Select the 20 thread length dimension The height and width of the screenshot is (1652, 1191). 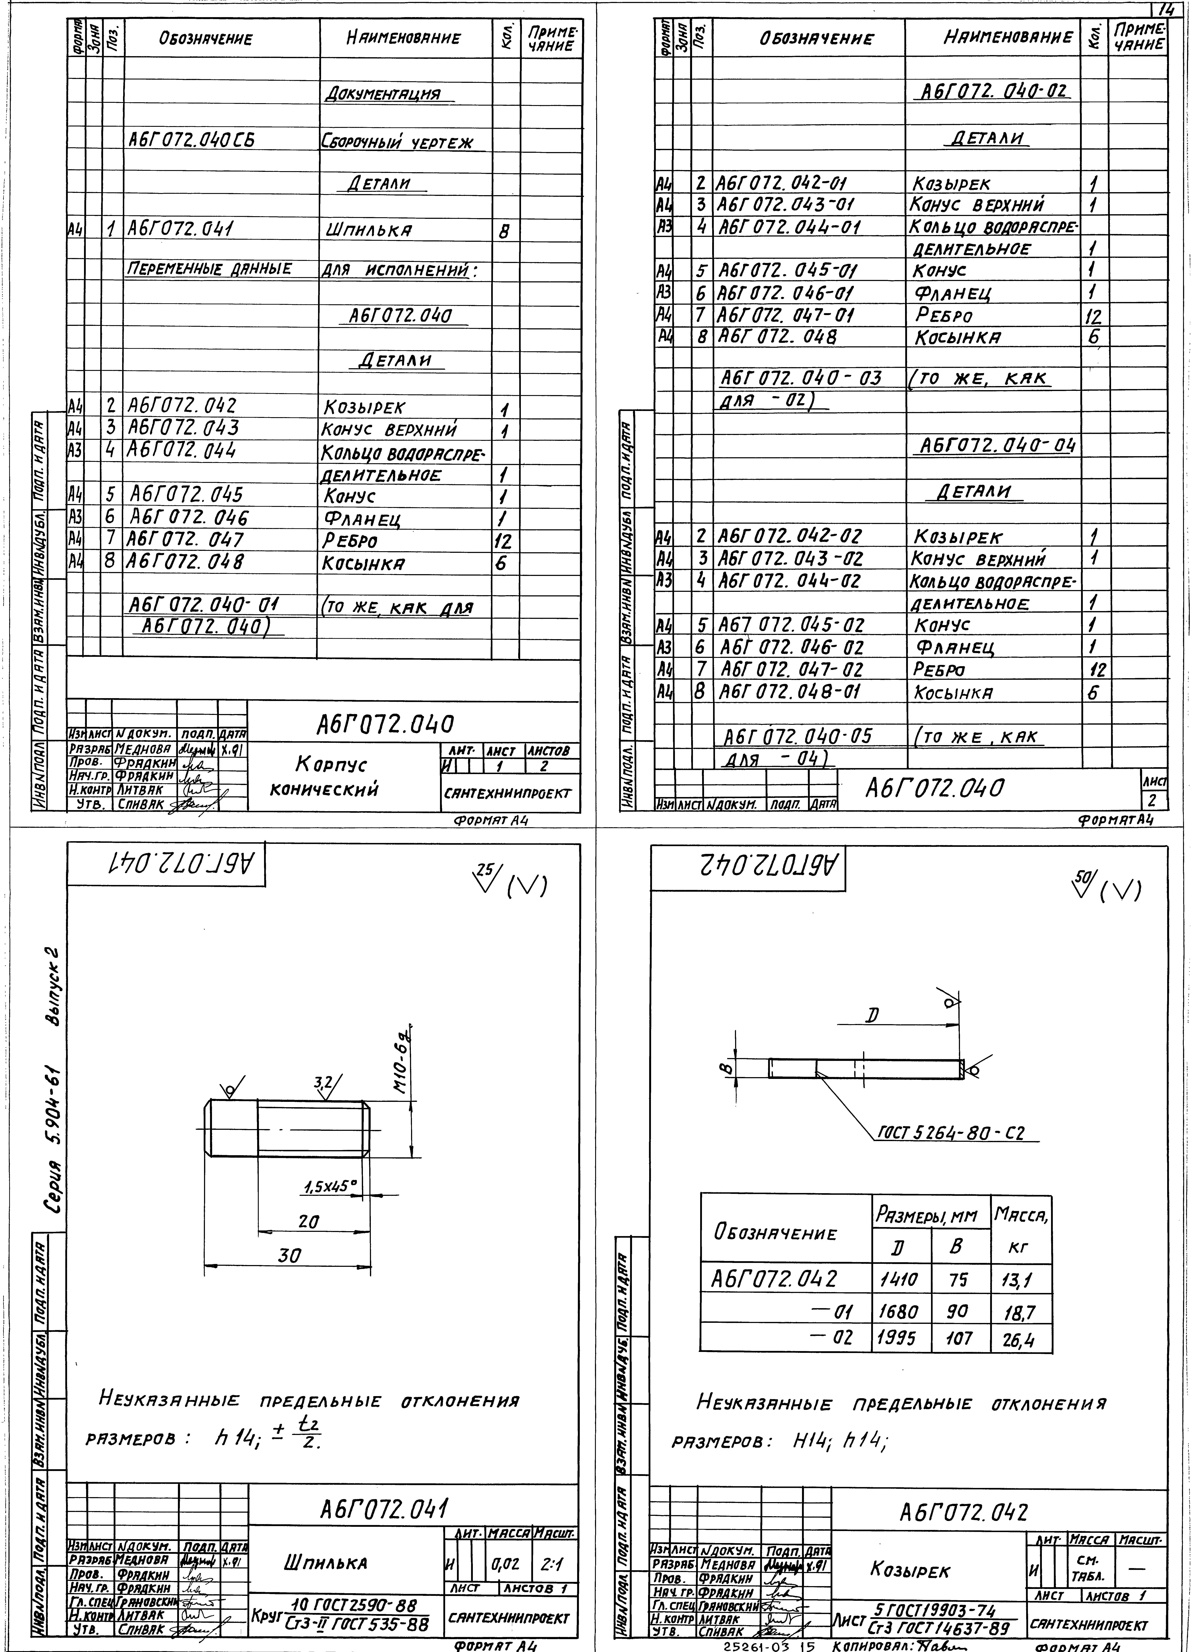(309, 1222)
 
